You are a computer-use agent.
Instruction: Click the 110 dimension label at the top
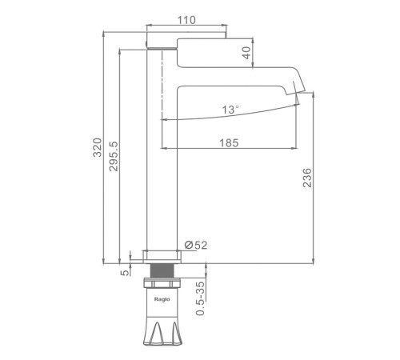point(186,20)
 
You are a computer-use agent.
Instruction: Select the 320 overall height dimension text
point(98,147)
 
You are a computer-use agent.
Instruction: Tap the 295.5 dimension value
point(114,156)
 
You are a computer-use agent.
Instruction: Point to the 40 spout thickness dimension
point(247,53)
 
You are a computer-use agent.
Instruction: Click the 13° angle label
point(230,110)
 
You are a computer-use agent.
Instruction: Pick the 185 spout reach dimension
point(229,143)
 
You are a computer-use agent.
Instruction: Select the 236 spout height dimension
point(307,178)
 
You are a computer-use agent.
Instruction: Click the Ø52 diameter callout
point(196,245)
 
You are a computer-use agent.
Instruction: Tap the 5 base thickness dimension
point(125,273)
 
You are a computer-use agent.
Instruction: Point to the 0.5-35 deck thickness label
point(200,298)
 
